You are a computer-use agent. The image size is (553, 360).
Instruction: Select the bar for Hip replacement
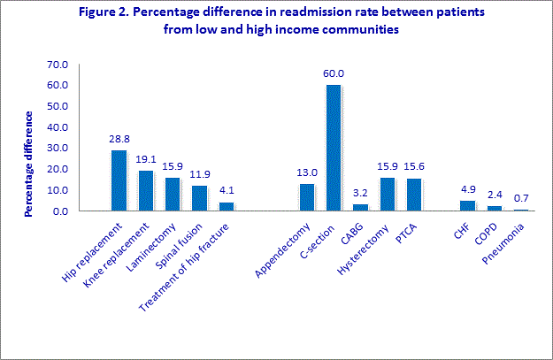pyautogui.click(x=119, y=180)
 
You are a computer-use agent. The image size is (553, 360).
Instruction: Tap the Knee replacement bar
pyautogui.click(x=145, y=191)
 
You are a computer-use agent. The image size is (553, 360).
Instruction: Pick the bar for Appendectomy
pyautogui.click(x=307, y=197)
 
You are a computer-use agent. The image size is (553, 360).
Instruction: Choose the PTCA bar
pyautogui.click(x=413, y=195)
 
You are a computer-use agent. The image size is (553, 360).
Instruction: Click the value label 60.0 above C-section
pyautogui.click(x=334, y=73)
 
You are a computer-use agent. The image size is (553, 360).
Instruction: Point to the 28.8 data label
pyautogui.click(x=119, y=140)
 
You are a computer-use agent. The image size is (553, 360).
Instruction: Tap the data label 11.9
pyautogui.click(x=198, y=175)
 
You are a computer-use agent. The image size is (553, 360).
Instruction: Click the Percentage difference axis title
pyautogui.click(x=29, y=164)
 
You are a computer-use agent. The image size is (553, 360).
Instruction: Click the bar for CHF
pyautogui.click(x=466, y=205)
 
